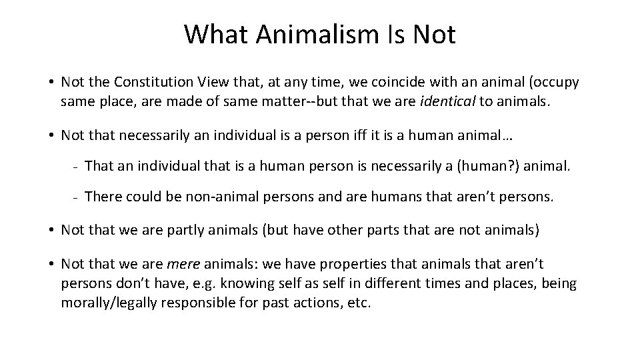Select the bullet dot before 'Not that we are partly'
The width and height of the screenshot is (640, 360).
pyautogui.click(x=51, y=231)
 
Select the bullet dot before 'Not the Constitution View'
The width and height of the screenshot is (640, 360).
pyautogui.click(x=51, y=83)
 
